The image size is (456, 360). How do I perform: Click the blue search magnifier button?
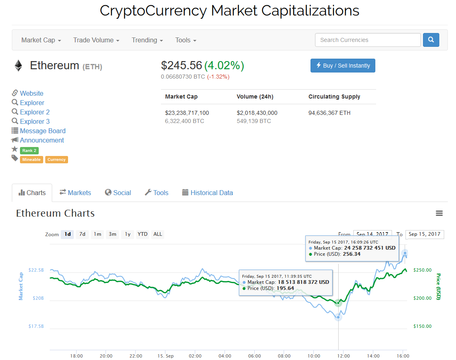click(x=431, y=40)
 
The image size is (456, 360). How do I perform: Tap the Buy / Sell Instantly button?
click(x=343, y=66)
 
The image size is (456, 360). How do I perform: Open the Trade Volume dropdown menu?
click(x=96, y=40)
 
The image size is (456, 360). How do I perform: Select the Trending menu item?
click(x=147, y=40)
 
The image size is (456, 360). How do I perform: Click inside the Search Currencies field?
click(x=368, y=40)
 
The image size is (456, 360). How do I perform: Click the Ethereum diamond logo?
click(x=18, y=66)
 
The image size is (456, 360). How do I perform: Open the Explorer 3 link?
click(x=35, y=121)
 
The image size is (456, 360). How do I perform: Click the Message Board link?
click(x=42, y=131)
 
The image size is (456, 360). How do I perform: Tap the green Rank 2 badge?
click(x=29, y=150)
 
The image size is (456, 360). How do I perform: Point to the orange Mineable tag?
click(x=31, y=160)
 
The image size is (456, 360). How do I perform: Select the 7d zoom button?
click(x=82, y=234)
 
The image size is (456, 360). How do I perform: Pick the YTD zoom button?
click(x=143, y=234)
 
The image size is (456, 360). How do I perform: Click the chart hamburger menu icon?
click(x=439, y=213)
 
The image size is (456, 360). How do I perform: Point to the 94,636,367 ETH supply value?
click(x=329, y=113)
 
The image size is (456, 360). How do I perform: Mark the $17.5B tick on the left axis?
click(x=36, y=326)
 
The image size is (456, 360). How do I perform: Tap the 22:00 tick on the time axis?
click(x=136, y=356)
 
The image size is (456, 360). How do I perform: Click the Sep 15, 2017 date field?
click(x=424, y=234)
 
